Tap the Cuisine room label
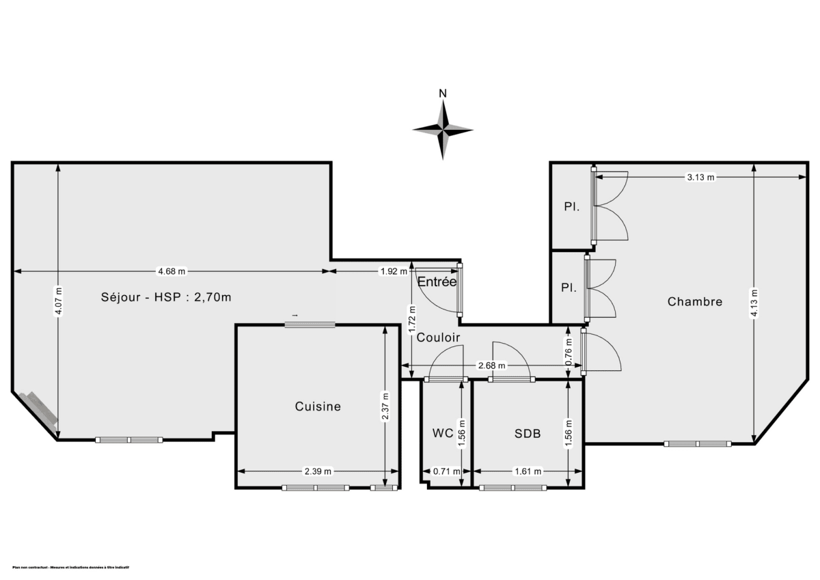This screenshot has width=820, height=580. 318,406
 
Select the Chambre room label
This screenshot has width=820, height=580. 695,301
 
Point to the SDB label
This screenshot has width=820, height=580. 528,433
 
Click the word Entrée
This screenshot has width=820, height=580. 437,281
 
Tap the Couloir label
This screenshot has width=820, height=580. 438,337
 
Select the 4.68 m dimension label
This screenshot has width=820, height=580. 172,271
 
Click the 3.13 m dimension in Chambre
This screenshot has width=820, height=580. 700,178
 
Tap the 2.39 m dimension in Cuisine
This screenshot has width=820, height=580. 318,471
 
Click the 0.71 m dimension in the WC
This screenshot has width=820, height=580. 446,471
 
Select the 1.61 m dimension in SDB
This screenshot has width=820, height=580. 528,471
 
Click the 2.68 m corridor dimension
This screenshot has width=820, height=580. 491,365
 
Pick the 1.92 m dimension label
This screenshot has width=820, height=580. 394,271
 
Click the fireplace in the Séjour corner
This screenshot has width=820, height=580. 42,410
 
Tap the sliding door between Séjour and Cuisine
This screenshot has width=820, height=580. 310,324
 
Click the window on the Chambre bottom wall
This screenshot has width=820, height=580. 698,444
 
